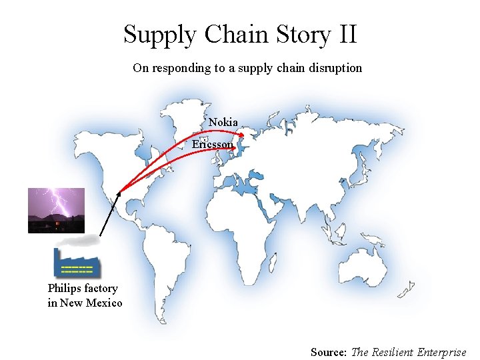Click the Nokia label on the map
pyautogui.click(x=223, y=122)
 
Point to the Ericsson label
pyautogui.click(x=213, y=144)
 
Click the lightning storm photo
pyautogui.click(x=56, y=210)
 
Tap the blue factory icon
pyautogui.click(x=77, y=263)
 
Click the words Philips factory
pyautogui.click(x=83, y=289)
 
